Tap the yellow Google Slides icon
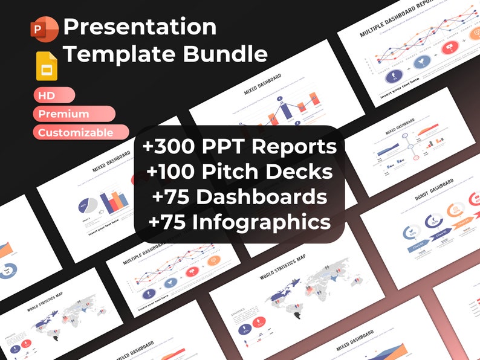(x=47, y=66)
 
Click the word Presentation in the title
(x=140, y=27)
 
